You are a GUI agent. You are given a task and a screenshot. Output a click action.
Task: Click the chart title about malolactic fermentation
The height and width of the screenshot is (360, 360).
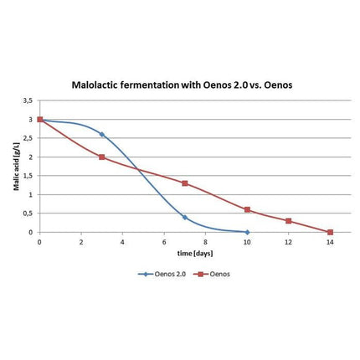pyautogui.click(x=180, y=85)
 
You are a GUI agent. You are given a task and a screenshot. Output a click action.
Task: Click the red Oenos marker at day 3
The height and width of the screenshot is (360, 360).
pyautogui.click(x=101, y=157)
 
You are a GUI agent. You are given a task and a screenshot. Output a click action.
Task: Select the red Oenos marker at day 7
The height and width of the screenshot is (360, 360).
pyautogui.click(x=185, y=183)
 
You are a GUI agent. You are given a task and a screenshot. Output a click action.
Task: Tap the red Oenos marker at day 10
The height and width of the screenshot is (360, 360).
pyautogui.click(x=247, y=209)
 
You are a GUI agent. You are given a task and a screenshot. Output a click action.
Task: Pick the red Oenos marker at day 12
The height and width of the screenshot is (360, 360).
pyautogui.click(x=289, y=221)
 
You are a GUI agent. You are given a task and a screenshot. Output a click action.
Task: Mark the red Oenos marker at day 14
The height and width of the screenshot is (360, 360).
pyautogui.click(x=330, y=232)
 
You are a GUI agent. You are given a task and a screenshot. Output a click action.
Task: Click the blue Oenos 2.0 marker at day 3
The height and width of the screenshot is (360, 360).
pyautogui.click(x=101, y=134)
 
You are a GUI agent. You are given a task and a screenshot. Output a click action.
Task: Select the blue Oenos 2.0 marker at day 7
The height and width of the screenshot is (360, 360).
pyautogui.click(x=185, y=217)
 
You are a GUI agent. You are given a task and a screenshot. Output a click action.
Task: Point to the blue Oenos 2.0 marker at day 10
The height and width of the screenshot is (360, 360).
pyautogui.click(x=247, y=232)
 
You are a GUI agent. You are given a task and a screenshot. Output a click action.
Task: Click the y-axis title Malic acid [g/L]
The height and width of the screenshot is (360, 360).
pyautogui.click(x=16, y=167)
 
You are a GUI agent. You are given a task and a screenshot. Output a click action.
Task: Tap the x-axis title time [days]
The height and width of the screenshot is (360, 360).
pyautogui.click(x=184, y=252)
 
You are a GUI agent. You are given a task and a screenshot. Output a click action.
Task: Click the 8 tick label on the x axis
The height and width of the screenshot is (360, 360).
pyautogui.click(x=205, y=242)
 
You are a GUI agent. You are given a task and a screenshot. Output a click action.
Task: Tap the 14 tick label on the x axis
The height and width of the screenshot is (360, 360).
pyautogui.click(x=330, y=242)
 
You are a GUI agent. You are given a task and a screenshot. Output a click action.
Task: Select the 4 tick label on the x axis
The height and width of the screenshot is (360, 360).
pyautogui.click(x=122, y=242)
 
